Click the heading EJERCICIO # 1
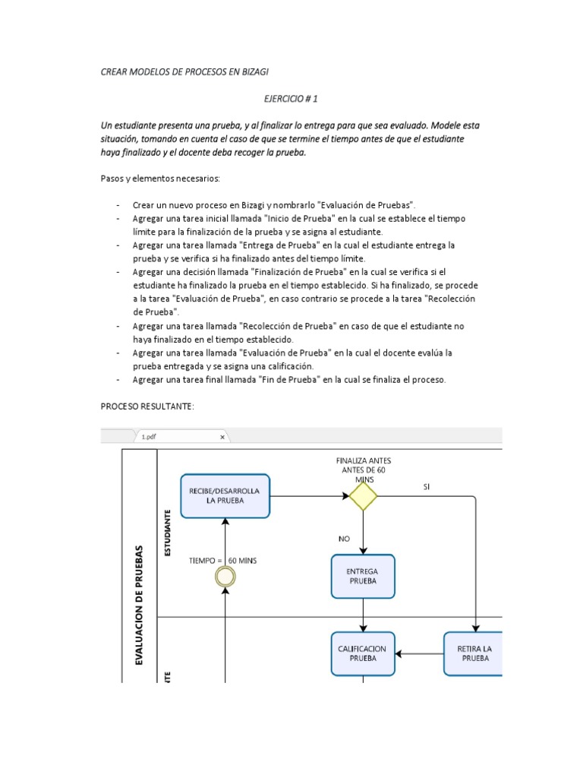click(291, 99)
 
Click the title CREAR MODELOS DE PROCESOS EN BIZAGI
click(185, 72)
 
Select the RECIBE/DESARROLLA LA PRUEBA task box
click(225, 496)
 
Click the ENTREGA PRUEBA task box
click(363, 576)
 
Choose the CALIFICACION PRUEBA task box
click(363, 653)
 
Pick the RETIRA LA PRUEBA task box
click(474, 653)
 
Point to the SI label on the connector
click(428, 487)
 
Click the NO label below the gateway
click(345, 539)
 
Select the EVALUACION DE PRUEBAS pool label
click(139, 604)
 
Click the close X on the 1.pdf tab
click(222, 437)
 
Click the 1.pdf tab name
click(149, 437)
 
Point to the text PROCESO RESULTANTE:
click(148, 406)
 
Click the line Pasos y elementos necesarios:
click(159, 179)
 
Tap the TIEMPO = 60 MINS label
click(222, 561)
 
